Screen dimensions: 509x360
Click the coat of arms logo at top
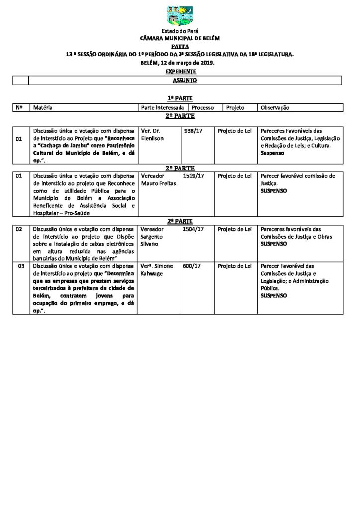click(180, 16)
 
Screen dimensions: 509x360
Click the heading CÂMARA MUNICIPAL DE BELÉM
click(180, 38)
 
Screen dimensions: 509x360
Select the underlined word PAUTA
click(180, 45)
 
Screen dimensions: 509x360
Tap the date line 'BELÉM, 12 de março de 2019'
click(180, 64)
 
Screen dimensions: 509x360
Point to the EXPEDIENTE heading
click(180, 71)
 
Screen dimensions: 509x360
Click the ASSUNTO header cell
click(184, 80)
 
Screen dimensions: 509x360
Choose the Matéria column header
click(43, 108)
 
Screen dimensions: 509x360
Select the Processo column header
click(203, 108)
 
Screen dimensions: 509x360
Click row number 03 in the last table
click(21, 267)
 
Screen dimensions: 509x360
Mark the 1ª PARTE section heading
click(180, 99)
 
